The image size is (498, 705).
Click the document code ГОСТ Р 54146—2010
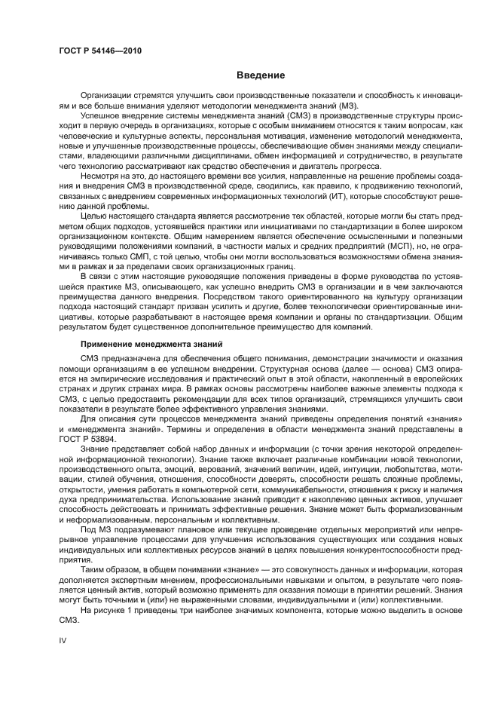[x=99, y=51]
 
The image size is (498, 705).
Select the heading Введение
[x=261, y=75]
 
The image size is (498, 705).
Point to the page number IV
[x=63, y=639]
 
